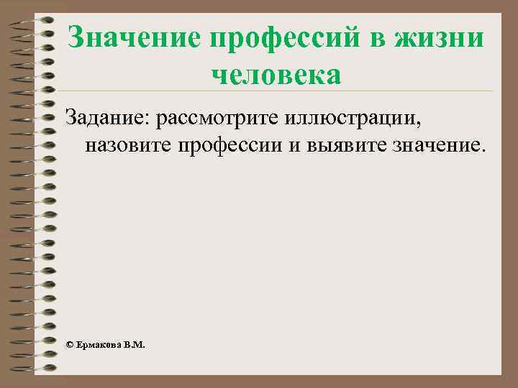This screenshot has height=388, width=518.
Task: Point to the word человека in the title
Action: [x=276, y=74]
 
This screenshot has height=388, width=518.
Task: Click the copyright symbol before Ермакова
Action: [x=69, y=345]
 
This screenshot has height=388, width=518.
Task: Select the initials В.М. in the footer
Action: [x=134, y=345]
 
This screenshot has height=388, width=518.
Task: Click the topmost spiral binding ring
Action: [x=32, y=20]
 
